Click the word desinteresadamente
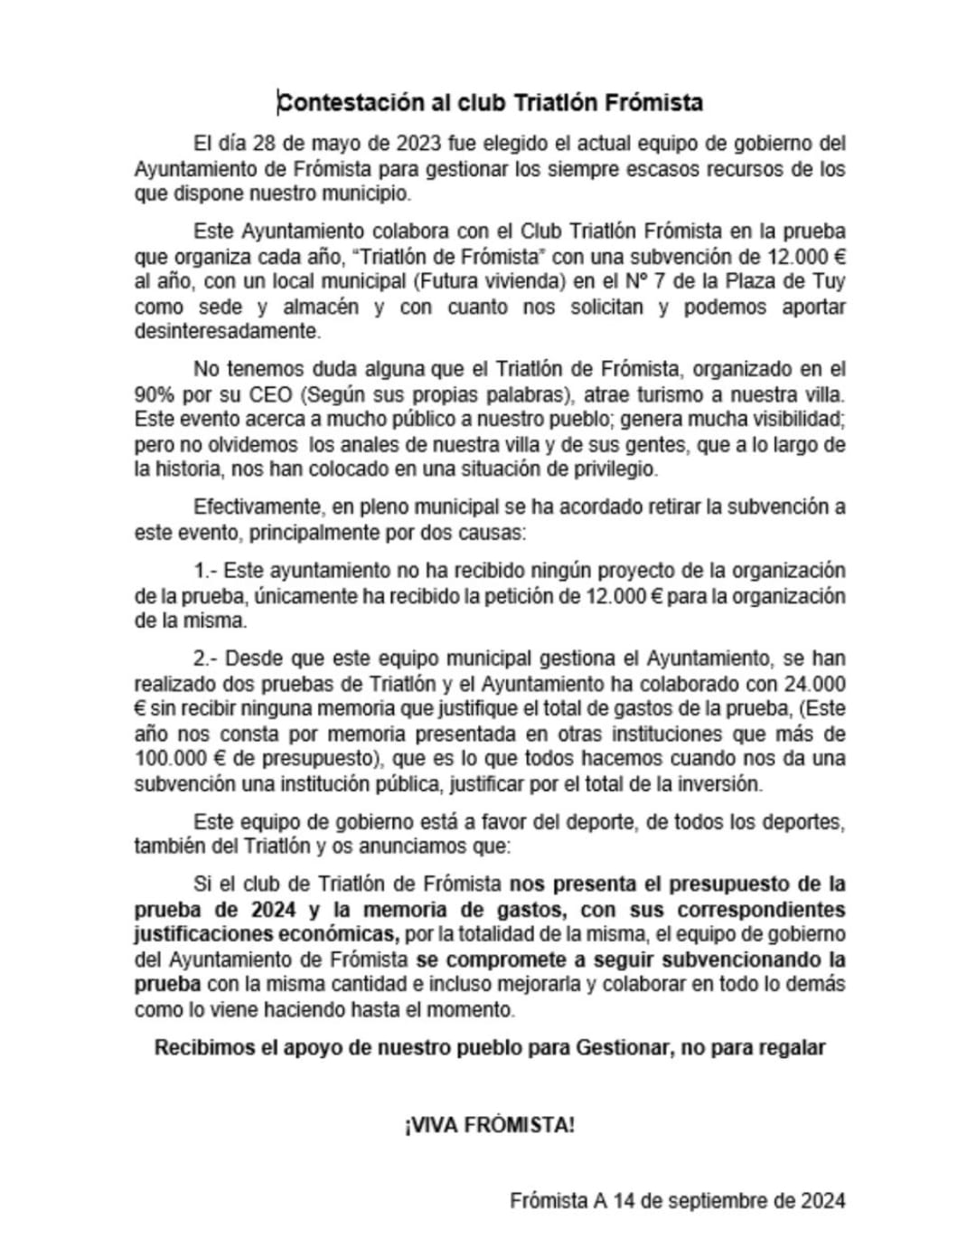tap(227, 331)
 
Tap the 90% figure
tap(155, 394)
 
